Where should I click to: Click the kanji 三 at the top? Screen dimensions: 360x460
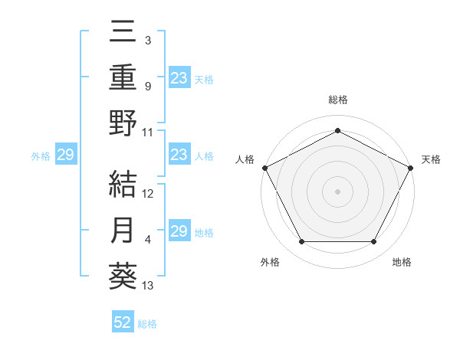123,32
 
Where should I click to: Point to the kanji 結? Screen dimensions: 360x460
123,184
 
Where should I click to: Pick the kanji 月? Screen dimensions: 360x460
123,230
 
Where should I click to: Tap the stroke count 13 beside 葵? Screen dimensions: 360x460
148,286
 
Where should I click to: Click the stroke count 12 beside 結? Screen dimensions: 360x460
148,194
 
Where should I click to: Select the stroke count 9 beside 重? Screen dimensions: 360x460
148,87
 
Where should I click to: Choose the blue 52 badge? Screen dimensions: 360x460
123,323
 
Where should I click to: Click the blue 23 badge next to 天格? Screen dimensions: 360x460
179,78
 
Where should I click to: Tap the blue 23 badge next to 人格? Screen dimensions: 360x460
179,155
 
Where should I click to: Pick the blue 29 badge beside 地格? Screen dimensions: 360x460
179,231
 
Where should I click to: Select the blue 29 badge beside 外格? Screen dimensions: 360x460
65,155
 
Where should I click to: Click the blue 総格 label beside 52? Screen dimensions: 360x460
147,324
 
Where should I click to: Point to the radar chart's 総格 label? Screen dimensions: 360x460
337,100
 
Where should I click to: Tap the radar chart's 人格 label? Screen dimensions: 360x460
245,159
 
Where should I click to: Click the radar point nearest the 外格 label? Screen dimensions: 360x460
301,242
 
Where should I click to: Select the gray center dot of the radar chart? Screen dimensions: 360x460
337,191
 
